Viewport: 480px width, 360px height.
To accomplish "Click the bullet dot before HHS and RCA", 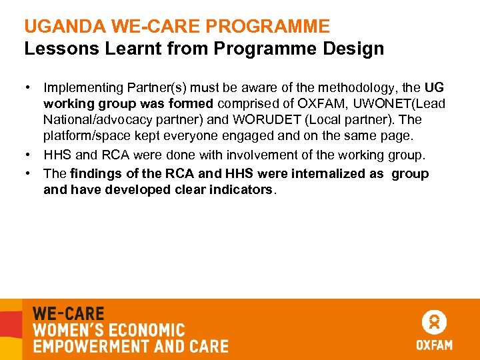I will point(29,155).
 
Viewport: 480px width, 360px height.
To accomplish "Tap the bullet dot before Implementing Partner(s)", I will point(29,87).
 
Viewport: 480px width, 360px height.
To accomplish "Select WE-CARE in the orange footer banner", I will point(69,313).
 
